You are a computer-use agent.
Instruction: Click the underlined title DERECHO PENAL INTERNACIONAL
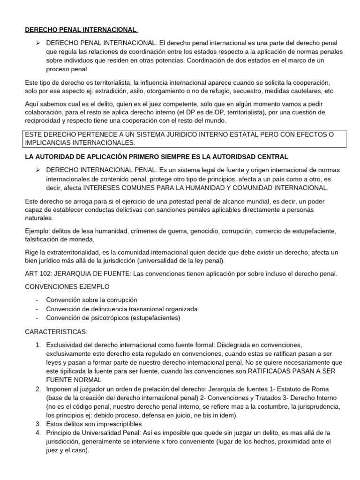pyautogui.click(x=81, y=30)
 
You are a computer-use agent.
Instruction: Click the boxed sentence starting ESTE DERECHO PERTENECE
pyautogui.click(x=180, y=138)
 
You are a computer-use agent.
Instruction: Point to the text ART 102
pyautogui.click(x=38, y=274)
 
